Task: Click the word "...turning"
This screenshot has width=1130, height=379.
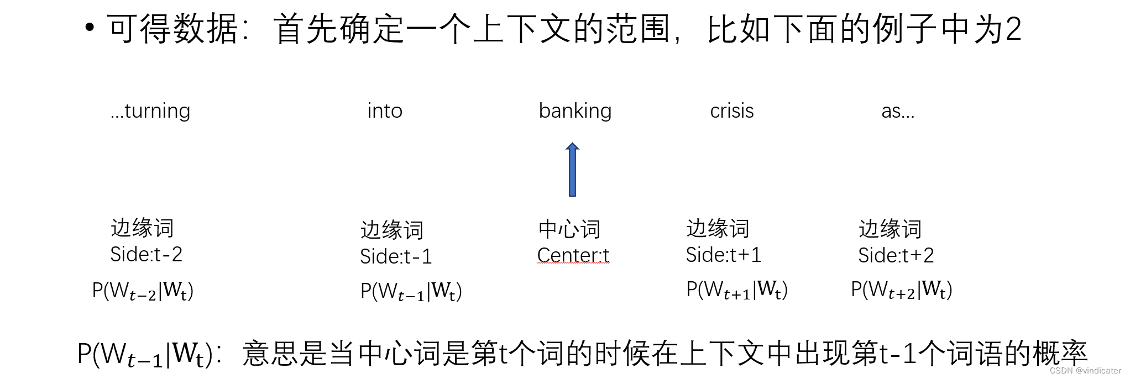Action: pyautogui.click(x=150, y=112)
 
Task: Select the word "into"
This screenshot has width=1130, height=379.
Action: pyautogui.click(x=385, y=112)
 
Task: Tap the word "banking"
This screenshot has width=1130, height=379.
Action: pyautogui.click(x=575, y=112)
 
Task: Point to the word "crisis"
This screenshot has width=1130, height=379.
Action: pyautogui.click(x=731, y=112)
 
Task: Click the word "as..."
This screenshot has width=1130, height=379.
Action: pyautogui.click(x=898, y=112)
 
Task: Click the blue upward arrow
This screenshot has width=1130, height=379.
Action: pyautogui.click(x=573, y=170)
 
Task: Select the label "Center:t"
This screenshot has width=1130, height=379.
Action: pyautogui.click(x=573, y=255)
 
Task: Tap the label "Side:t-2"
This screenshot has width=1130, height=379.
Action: pyautogui.click(x=146, y=254)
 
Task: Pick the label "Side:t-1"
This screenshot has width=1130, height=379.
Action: pyautogui.click(x=396, y=256)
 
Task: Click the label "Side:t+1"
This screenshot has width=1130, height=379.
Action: pyautogui.click(x=723, y=255)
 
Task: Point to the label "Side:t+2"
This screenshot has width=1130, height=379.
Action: pyautogui.click(x=896, y=255)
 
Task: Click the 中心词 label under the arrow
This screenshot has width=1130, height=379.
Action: pyautogui.click(x=569, y=229)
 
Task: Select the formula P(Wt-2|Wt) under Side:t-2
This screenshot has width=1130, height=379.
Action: pyautogui.click(x=143, y=291)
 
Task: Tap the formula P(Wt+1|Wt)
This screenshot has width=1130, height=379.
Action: pyautogui.click(x=737, y=289)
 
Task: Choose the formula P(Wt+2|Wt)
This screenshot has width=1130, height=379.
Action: pyautogui.click(x=902, y=289)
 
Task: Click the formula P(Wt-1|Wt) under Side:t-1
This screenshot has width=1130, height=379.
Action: pyautogui.click(x=411, y=291)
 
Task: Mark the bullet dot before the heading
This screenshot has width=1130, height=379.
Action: pyautogui.click(x=90, y=28)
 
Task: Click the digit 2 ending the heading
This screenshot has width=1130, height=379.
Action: pyautogui.click(x=1013, y=29)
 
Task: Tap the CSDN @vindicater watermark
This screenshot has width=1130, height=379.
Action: pyautogui.click(x=1085, y=371)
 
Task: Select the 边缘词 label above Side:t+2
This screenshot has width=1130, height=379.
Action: pyautogui.click(x=890, y=229)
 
